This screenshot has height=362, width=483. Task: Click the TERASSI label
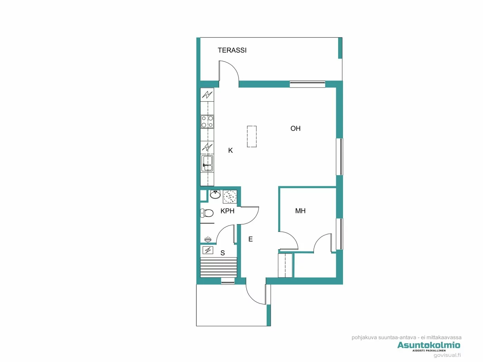(x=232, y=50)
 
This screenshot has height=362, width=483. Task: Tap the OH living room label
(x=295, y=129)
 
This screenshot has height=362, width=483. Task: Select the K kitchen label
(x=230, y=150)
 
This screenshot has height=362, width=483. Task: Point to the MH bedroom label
(x=300, y=211)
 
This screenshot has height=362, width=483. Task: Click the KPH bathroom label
(x=227, y=211)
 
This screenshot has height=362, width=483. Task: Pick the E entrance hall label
(x=250, y=239)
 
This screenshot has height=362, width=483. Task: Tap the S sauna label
(x=223, y=253)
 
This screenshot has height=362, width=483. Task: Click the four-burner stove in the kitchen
(x=207, y=122)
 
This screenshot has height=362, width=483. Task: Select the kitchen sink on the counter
(x=207, y=163)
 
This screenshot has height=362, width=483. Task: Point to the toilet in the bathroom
(x=207, y=213)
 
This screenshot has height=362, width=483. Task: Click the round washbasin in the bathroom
(x=215, y=195)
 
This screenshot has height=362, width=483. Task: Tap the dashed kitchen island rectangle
(x=252, y=137)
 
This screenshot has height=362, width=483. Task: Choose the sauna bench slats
(x=218, y=267)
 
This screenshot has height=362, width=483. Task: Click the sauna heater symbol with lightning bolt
(x=208, y=250)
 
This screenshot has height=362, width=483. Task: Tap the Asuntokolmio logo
(x=428, y=345)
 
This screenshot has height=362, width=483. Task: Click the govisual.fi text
(x=447, y=355)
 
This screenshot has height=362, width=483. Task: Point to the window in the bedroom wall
(x=340, y=234)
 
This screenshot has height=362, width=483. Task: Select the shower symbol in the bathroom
(x=229, y=197)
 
